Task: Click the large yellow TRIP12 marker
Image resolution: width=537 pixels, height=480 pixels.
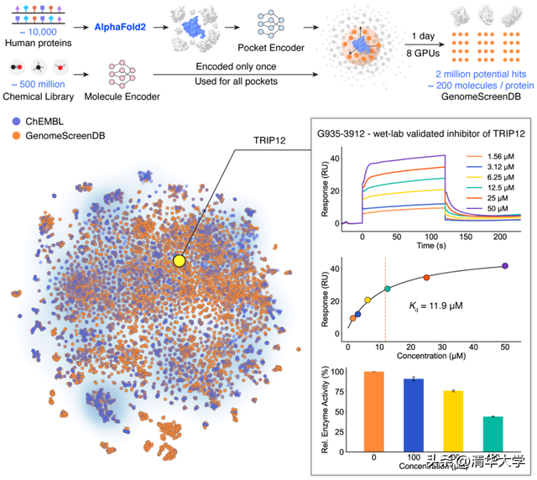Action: tap(179, 261)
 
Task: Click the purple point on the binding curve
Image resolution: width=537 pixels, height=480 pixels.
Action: tap(505, 266)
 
